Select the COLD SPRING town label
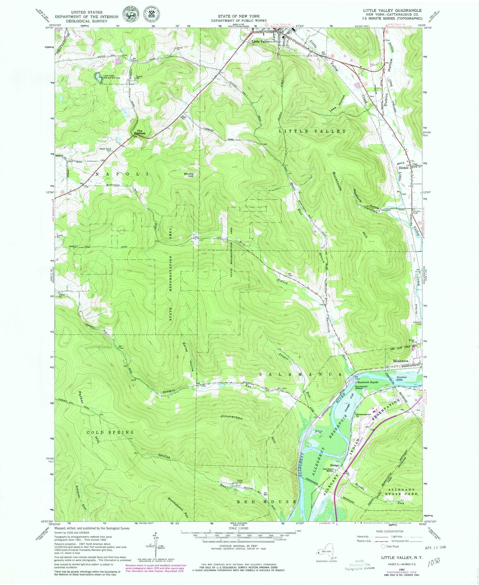110,432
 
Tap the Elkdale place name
403,168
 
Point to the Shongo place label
334,465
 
